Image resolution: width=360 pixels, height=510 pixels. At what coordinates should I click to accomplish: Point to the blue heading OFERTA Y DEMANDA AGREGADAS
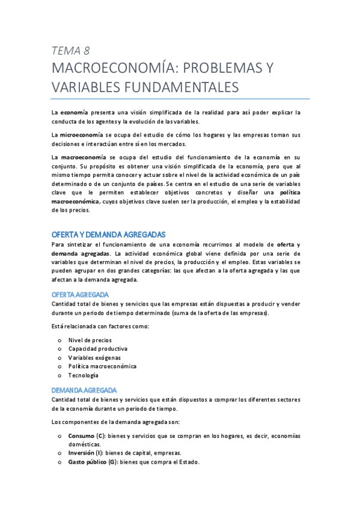coord(108,234)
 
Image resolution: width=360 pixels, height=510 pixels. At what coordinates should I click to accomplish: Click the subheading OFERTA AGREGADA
coord(80,294)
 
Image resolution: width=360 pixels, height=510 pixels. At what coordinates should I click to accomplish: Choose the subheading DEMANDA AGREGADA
coord(84,390)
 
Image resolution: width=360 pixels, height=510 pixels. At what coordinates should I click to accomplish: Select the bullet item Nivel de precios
coord(90,340)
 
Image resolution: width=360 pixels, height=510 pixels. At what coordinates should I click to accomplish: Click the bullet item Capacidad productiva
coord(97,349)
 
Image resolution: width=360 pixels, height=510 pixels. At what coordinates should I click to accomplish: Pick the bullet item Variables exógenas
coord(94,357)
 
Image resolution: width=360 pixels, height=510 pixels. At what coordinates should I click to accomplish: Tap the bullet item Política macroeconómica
coord(102,366)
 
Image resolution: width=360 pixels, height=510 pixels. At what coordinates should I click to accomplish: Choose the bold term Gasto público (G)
coord(93,462)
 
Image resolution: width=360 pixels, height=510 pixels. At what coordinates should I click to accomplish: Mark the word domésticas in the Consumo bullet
coord(85,444)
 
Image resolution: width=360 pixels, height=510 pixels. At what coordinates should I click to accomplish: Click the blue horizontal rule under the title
coord(180,99)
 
